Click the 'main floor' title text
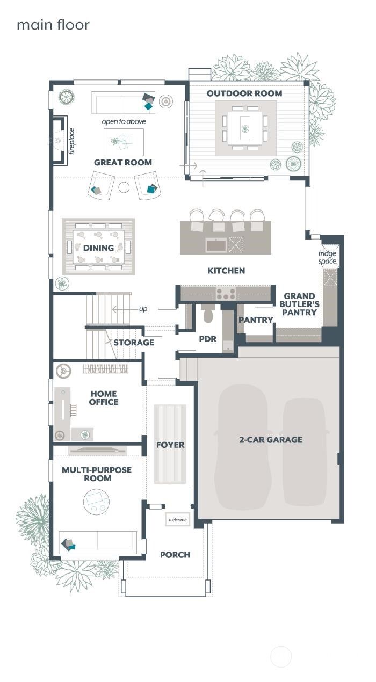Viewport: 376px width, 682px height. [53, 25]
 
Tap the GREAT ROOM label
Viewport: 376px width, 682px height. [123, 162]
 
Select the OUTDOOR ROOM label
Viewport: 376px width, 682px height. [244, 93]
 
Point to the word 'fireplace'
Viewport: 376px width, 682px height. [71, 141]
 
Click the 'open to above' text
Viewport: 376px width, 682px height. [124, 122]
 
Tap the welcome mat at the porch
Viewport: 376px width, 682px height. [177, 520]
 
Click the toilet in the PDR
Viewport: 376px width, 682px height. [208, 314]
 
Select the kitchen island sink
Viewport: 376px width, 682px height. [216, 245]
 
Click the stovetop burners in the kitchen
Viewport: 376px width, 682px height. [226, 294]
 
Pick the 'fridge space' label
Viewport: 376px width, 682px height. [327, 257]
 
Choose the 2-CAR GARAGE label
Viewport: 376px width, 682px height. [271, 440]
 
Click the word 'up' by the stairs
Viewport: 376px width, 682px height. [143, 309]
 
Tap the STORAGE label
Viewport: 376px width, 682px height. [134, 342]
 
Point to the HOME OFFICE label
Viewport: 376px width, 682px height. [104, 398]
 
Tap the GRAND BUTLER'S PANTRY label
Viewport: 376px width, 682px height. [299, 304]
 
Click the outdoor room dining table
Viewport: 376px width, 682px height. [245, 128]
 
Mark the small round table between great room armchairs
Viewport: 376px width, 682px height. [124, 187]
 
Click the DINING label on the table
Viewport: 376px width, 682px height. [98, 248]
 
